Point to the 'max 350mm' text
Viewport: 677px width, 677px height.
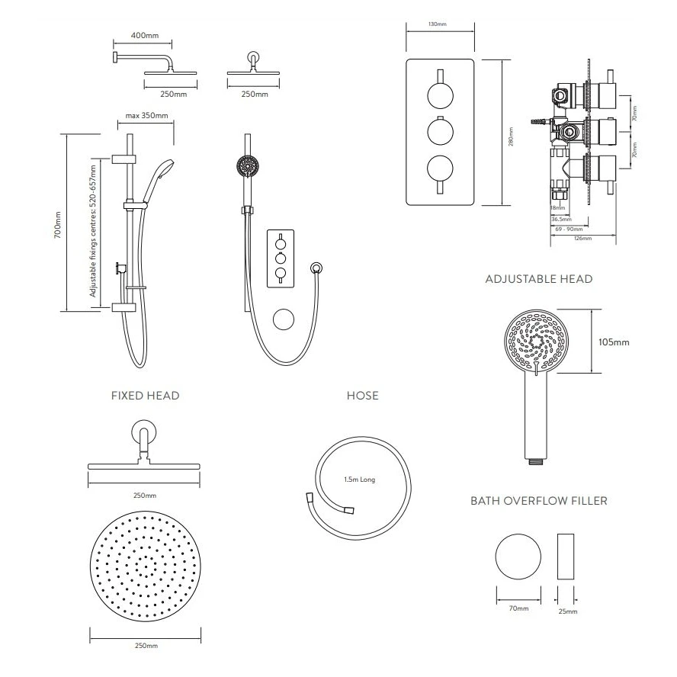click(x=147, y=117)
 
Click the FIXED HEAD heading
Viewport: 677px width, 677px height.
click(x=145, y=396)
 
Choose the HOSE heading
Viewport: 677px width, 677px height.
click(x=362, y=396)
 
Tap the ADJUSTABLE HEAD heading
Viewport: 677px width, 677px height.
click(x=538, y=279)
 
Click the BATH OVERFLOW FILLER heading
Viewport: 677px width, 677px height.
click(x=538, y=501)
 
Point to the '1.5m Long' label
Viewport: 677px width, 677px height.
click(x=359, y=480)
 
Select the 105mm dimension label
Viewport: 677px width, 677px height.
click(x=614, y=342)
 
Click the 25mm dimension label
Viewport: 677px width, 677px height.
click(x=567, y=611)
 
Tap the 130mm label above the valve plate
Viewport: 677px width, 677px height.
click(x=438, y=24)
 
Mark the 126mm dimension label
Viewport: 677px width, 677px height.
click(x=582, y=239)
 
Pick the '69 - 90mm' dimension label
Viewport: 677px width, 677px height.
click(x=568, y=229)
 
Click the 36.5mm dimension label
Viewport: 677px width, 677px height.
click(x=560, y=219)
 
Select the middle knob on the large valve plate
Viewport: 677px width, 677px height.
click(x=440, y=131)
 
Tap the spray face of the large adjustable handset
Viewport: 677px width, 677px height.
click(x=538, y=340)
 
